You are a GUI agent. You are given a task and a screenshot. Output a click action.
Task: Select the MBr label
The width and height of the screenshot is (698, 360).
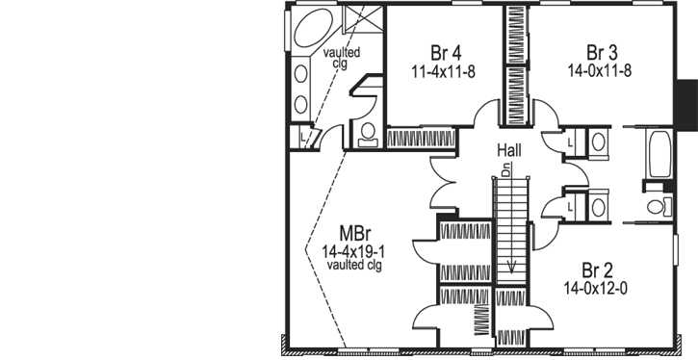coord(352,232)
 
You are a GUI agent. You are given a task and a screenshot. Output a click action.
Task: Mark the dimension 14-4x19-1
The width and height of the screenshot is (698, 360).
coord(353,250)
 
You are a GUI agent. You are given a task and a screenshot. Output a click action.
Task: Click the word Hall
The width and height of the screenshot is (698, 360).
coord(510,150)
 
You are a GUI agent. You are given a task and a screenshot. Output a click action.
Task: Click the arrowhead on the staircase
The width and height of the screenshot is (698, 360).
coord(512,266)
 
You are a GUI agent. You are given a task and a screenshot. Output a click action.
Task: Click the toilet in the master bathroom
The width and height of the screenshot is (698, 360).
coord(369,134)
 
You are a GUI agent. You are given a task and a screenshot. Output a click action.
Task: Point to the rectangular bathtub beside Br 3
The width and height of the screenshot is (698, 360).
coord(659,155)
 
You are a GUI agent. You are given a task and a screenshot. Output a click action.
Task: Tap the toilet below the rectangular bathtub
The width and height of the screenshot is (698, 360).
coord(659,206)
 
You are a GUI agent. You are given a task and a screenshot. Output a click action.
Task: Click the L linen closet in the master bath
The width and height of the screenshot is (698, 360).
coord(302,137)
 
